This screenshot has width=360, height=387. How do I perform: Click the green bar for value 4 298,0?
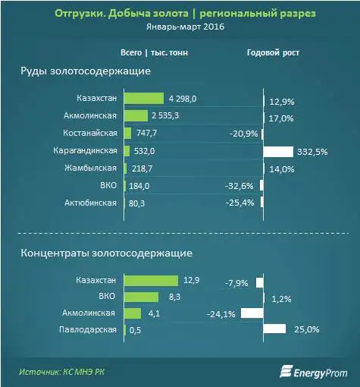click(x=143, y=99)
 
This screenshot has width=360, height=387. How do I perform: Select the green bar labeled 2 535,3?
click(x=136, y=116)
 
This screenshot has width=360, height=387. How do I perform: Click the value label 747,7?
click(x=146, y=134)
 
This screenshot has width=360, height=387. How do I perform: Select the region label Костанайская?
click(x=90, y=134)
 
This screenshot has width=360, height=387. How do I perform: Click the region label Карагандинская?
click(x=86, y=151)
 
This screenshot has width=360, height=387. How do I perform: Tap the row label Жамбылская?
click(x=92, y=168)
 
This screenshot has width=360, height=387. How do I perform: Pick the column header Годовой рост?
click(x=273, y=53)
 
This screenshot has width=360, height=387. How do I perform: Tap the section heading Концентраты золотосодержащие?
click(x=106, y=251)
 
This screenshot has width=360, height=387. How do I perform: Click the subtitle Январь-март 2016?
click(x=180, y=27)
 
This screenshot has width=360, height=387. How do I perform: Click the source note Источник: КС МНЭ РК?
click(x=64, y=371)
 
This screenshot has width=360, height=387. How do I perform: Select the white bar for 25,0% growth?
click(x=274, y=329)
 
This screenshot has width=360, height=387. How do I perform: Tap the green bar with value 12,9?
click(x=150, y=281)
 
